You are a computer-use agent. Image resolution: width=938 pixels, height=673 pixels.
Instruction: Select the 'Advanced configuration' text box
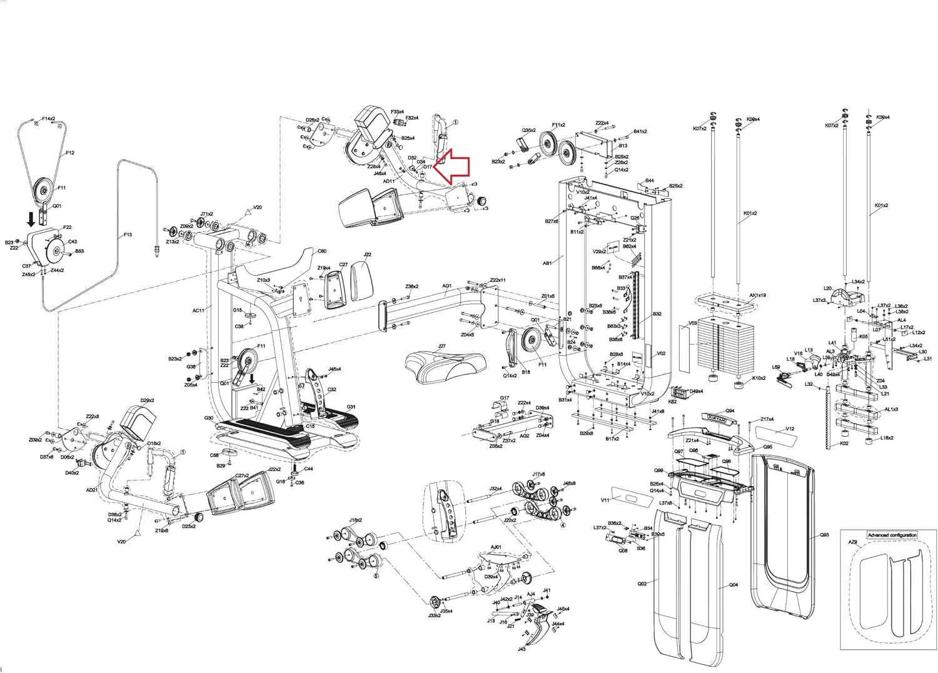pyautogui.click(x=892, y=535)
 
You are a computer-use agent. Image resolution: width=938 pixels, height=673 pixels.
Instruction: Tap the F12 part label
pyautogui.click(x=70, y=153)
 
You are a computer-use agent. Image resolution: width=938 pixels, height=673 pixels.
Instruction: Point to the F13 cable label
pyautogui.click(x=128, y=235)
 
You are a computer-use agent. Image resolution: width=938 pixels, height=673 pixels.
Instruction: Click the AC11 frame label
pyautogui.click(x=198, y=310)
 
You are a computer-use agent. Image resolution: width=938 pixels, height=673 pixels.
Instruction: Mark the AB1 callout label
pyautogui.click(x=547, y=264)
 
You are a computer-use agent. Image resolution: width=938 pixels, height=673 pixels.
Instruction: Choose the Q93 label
pyautogui.click(x=824, y=535)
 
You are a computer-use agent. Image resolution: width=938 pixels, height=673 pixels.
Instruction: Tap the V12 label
pyautogui.click(x=790, y=429)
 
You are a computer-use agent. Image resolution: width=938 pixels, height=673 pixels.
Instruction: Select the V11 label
pyautogui.click(x=605, y=500)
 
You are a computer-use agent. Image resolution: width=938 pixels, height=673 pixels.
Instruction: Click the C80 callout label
pyautogui.click(x=321, y=251)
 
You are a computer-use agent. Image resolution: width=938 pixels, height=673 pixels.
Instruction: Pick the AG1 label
pyautogui.click(x=447, y=286)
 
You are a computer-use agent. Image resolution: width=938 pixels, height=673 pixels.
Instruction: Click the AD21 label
pyautogui.click(x=92, y=490)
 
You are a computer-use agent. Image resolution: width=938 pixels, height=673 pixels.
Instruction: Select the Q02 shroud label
pyautogui.click(x=642, y=584)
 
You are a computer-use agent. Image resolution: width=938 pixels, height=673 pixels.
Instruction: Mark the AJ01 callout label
pyautogui.click(x=496, y=547)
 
